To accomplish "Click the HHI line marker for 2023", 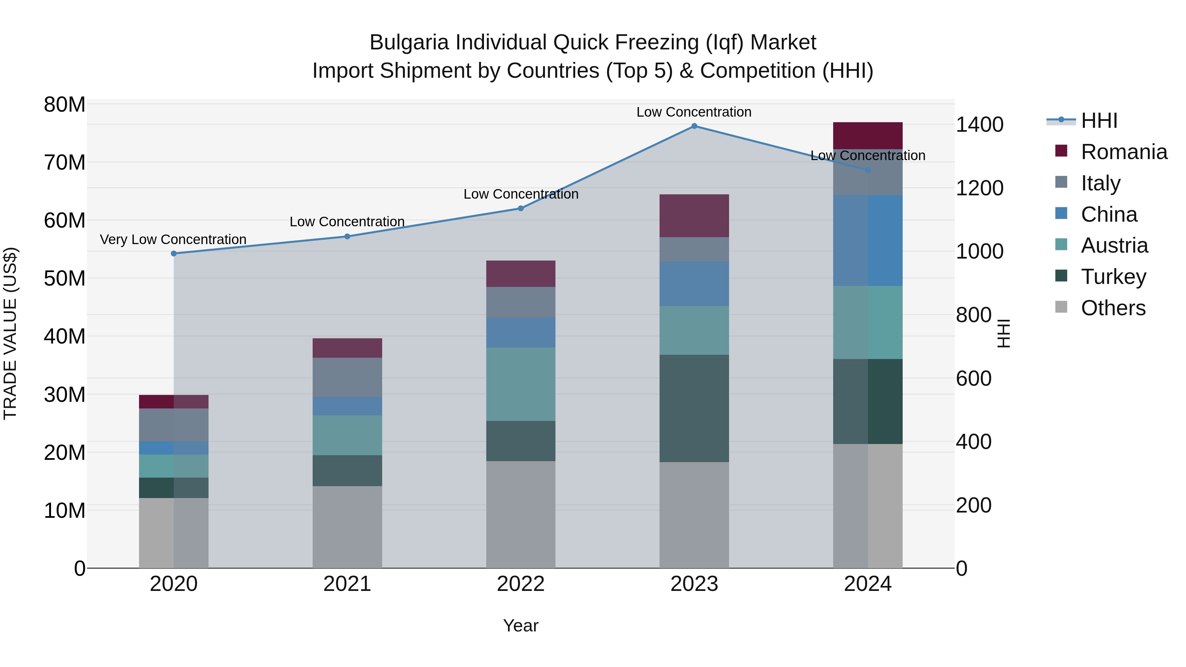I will pos(694,126).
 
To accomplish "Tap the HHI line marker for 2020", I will pos(174,254).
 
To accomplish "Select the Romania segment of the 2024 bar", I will pos(867,135).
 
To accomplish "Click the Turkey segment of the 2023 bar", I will pos(694,408).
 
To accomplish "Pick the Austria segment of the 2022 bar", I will pos(521,384).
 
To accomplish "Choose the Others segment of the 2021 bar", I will pos(347,527).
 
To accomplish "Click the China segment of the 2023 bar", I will pos(694,284).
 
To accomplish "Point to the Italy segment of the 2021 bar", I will pos(347,377).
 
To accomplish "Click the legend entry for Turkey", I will pos(1113,277).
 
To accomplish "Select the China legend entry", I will pos(1109,214).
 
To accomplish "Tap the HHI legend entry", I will pos(1098,121).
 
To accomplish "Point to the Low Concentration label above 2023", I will pos(694,112).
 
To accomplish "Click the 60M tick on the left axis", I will pos(65,220).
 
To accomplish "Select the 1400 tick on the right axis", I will pos(980,125).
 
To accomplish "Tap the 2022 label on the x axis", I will pos(521,584).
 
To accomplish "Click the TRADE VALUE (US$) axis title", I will pos(10,333).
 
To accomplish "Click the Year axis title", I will pos(521,625).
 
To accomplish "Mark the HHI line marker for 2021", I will pos(347,236).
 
